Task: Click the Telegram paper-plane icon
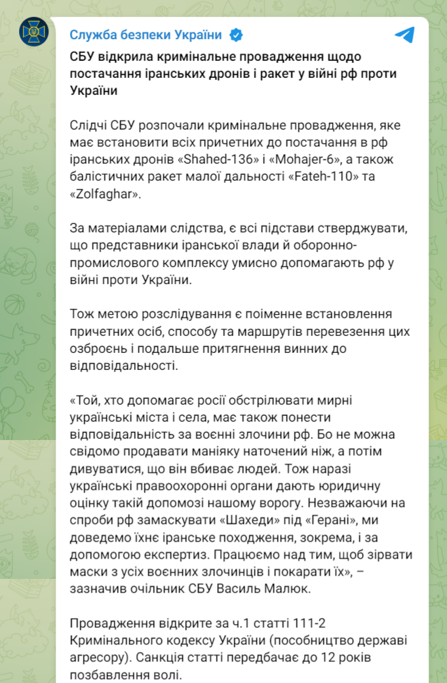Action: coord(405,35)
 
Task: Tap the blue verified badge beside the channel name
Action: coord(235,35)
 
